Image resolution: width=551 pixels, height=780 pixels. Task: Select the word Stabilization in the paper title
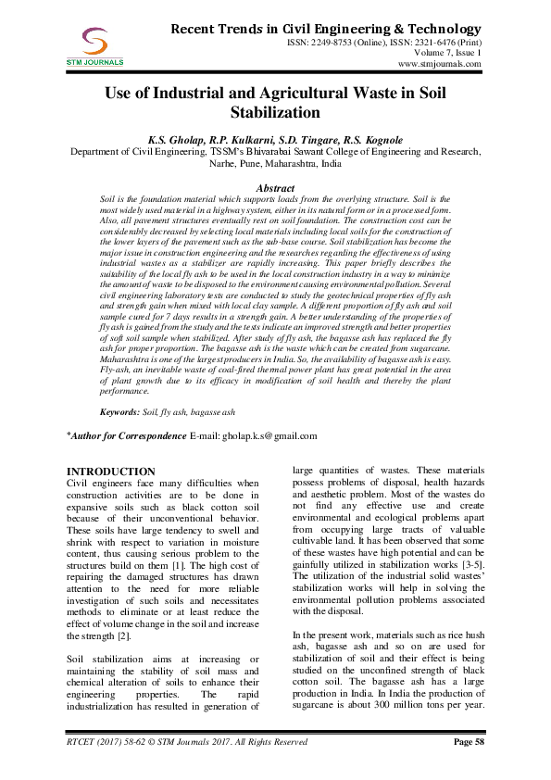pyautogui.click(x=275, y=113)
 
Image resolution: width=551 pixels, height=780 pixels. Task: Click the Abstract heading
pyautogui.click(x=275, y=188)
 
